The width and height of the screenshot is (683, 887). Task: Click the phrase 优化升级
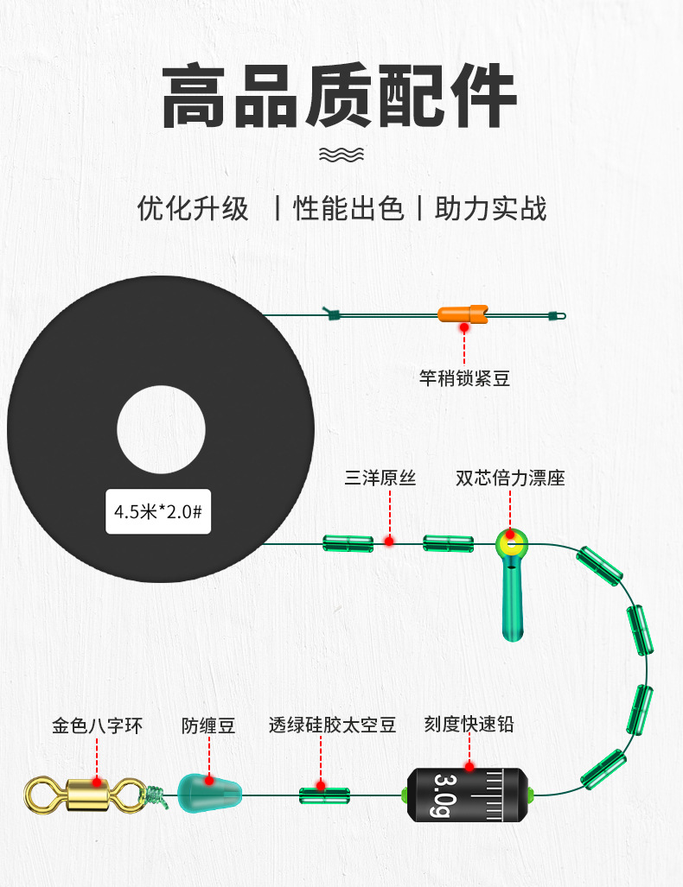click(193, 209)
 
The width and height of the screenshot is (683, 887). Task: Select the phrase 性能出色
click(349, 209)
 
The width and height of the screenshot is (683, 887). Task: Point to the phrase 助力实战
click(490, 209)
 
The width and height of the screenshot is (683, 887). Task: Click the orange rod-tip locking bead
click(464, 315)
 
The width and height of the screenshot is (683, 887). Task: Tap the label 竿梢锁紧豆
click(464, 377)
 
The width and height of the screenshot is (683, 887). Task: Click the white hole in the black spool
click(161, 430)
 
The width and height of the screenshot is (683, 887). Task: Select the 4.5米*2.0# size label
click(158, 511)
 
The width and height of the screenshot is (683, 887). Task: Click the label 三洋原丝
click(380, 478)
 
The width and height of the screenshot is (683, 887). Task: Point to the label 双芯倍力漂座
click(510, 478)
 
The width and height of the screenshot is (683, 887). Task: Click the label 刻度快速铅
click(469, 724)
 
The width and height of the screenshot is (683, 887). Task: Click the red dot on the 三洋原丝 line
click(389, 542)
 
